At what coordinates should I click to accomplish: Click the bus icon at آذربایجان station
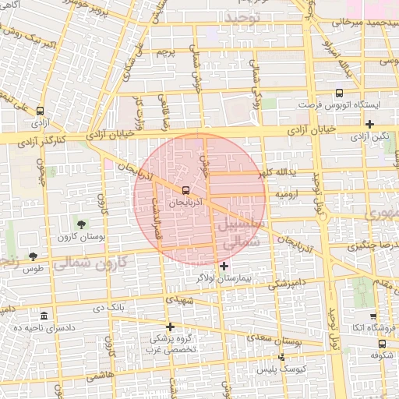[185, 190]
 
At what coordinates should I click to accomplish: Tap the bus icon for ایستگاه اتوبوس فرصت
[339, 94]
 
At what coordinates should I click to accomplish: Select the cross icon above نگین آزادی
[369, 124]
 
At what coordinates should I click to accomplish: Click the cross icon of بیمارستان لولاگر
[224, 267]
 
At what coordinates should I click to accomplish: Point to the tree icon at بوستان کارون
[83, 225]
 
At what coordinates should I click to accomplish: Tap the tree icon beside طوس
[32, 256]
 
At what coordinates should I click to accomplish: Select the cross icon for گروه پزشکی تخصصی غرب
[171, 327]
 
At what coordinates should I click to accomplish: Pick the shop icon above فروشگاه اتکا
[373, 316]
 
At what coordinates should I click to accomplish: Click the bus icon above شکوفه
[381, 342]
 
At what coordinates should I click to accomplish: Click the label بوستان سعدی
[278, 340]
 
